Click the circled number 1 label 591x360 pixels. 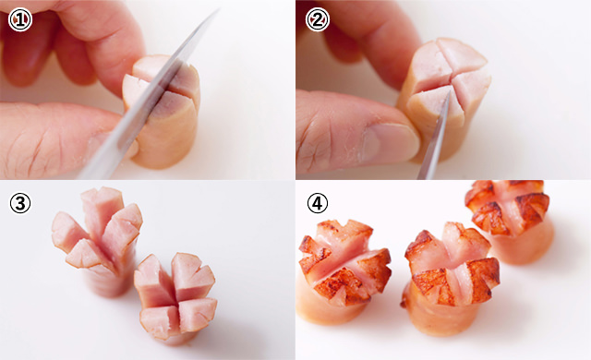tap(20, 20)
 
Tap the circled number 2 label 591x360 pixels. tap(318, 20)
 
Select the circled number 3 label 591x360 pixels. tap(20, 204)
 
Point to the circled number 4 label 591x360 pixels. tap(318, 204)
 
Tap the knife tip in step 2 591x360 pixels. tap(449, 91)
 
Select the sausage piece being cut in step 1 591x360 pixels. tap(162, 112)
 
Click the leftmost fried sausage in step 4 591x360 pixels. tap(343, 272)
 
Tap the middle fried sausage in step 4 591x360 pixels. tap(451, 279)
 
